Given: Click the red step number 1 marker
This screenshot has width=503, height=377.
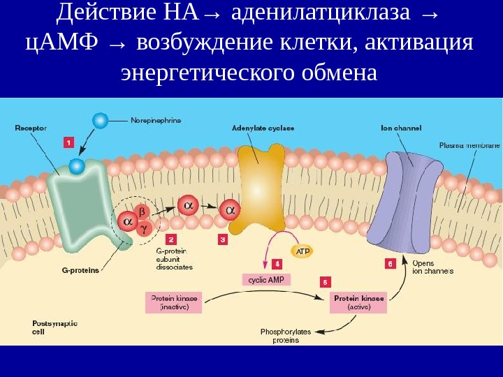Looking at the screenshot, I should [x=68, y=142].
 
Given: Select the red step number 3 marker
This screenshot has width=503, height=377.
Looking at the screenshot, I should [x=222, y=239].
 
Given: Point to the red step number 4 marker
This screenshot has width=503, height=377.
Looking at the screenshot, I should [x=277, y=264].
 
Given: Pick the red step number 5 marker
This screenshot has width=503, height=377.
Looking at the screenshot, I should [x=325, y=281].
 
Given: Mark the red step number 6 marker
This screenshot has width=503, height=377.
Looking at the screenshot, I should [x=390, y=263].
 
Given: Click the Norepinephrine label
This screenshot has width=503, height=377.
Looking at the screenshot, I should [x=156, y=120].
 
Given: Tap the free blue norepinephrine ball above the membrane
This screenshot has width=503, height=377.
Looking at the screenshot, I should [x=101, y=121].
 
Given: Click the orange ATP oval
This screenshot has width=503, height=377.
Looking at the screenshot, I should [x=302, y=251].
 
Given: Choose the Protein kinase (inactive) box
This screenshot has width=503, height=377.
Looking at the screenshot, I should [x=174, y=302].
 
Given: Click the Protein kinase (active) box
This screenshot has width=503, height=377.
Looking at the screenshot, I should [x=358, y=302].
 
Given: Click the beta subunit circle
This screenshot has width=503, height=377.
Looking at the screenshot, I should [x=142, y=211].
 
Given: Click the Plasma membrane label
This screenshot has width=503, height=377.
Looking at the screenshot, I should [x=469, y=146].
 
